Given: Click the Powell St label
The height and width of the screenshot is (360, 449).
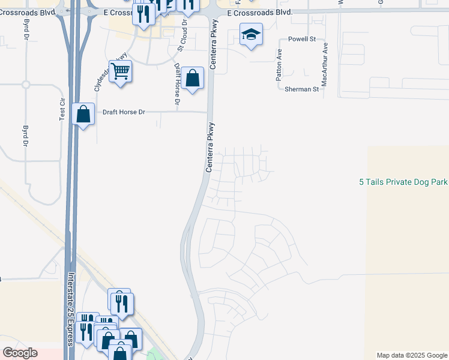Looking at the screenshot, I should [x=302, y=39].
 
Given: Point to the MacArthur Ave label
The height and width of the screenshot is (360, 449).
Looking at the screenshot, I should [x=325, y=64].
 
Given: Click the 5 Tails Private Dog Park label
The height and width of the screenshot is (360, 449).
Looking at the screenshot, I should [x=403, y=182].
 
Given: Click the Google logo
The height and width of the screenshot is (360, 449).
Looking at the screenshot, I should [x=20, y=353].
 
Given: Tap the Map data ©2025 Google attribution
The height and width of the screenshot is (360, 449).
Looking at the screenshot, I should [x=412, y=355].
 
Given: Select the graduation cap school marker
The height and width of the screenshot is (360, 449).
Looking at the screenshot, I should [x=251, y=34].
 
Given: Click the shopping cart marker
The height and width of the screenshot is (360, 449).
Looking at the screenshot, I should [x=120, y=72].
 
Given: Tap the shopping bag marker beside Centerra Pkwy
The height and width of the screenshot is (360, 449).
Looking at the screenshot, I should [x=192, y=79].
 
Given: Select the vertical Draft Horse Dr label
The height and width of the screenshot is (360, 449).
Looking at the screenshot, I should [x=177, y=85].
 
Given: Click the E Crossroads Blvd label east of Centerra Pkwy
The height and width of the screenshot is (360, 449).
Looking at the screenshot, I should [x=260, y=13].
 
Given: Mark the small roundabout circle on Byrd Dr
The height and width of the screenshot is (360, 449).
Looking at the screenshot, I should [x=26, y=85].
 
